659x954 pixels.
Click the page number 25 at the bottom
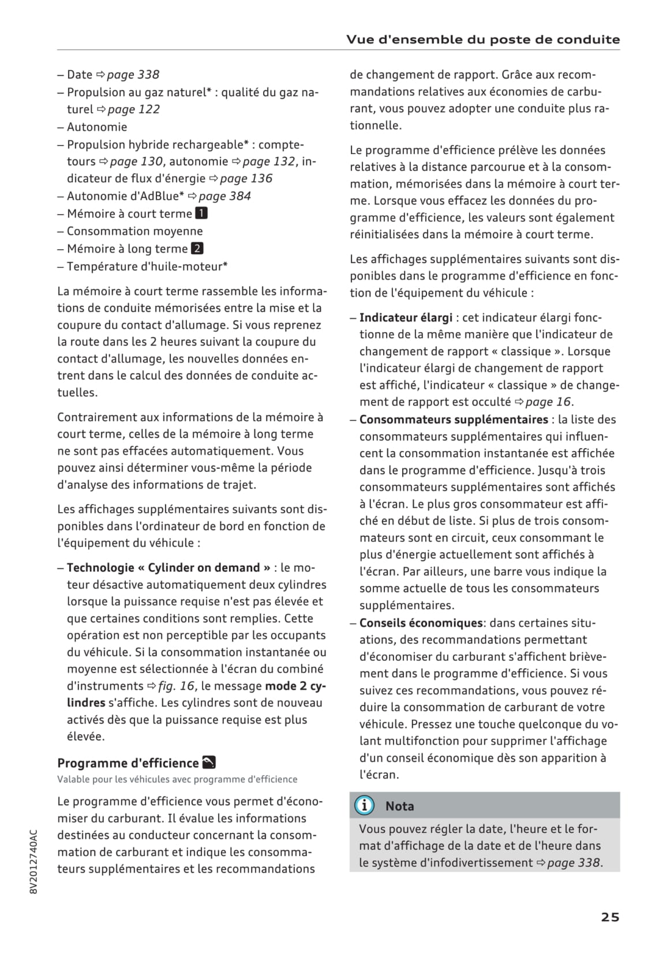(x=610, y=917)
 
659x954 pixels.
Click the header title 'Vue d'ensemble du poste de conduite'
(x=483, y=40)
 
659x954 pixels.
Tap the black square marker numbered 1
(x=201, y=213)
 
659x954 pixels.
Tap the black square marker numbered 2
(x=197, y=249)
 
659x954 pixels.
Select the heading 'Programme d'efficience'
(x=128, y=763)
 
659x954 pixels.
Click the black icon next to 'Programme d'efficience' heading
(x=209, y=763)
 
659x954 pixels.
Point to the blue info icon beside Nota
(x=364, y=805)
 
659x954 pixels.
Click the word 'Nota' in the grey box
(x=399, y=806)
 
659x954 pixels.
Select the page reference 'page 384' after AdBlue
(x=224, y=196)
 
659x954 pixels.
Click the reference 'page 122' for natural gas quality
(x=133, y=109)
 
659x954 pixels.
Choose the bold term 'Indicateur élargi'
(x=406, y=318)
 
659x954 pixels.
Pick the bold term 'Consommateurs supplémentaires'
(x=454, y=419)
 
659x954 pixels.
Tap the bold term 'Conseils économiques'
(x=421, y=623)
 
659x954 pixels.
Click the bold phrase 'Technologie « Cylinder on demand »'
(x=169, y=568)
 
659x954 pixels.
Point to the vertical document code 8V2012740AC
(x=33, y=862)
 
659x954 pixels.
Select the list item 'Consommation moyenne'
(x=134, y=231)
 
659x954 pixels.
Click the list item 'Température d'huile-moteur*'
(x=147, y=266)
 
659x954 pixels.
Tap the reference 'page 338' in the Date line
(x=133, y=74)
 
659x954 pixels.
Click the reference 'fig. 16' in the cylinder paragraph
(x=177, y=686)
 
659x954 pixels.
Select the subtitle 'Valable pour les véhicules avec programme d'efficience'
(x=177, y=779)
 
